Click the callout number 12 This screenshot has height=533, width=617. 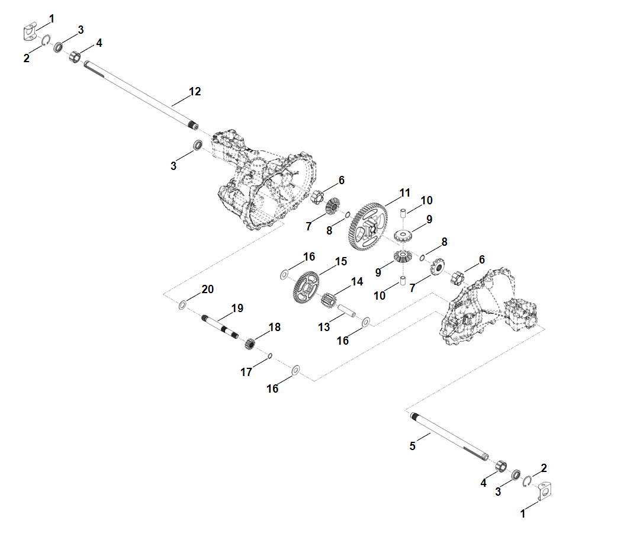pos(195,91)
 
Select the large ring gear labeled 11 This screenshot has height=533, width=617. pos(368,227)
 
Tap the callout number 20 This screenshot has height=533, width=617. pos(207,289)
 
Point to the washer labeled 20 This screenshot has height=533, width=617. pos(182,304)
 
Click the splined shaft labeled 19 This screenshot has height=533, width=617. pos(220,326)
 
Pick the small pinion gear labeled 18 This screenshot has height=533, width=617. pos(249,343)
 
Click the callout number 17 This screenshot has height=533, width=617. pos(246,372)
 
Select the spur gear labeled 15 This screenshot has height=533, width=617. pos(307,287)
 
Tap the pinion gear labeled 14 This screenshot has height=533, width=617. pos(329,300)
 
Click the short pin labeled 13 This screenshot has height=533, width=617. pos(346,310)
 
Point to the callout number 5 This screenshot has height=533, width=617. pos(412,446)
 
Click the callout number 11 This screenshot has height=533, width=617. pos(405,192)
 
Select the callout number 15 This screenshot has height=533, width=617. pos(340,261)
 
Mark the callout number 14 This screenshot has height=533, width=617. pos(357,281)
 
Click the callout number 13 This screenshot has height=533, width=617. pos(324,327)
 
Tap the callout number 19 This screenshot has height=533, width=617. pos(237,308)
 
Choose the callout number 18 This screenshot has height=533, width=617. pos(275,327)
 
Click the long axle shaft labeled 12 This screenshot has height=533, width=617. pos(141,95)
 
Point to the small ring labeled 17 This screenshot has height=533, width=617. pos(270,356)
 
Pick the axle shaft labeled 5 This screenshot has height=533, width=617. pos(449,436)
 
